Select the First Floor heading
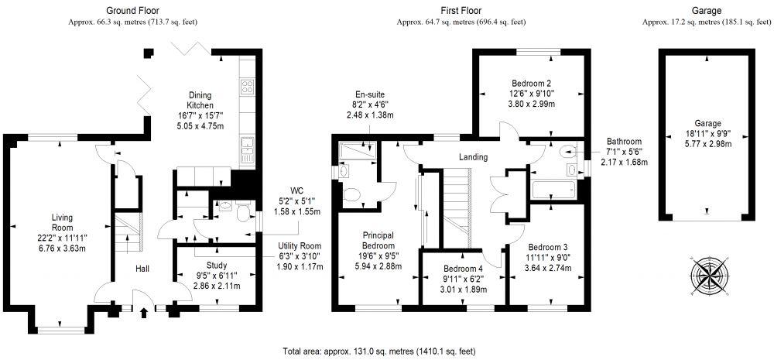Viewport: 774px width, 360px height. coord(461,11)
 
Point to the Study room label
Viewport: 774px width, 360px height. coord(205,265)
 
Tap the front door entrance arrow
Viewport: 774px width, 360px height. coord(145,313)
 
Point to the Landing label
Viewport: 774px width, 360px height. coord(473,157)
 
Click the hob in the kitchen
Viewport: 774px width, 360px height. coord(248,85)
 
